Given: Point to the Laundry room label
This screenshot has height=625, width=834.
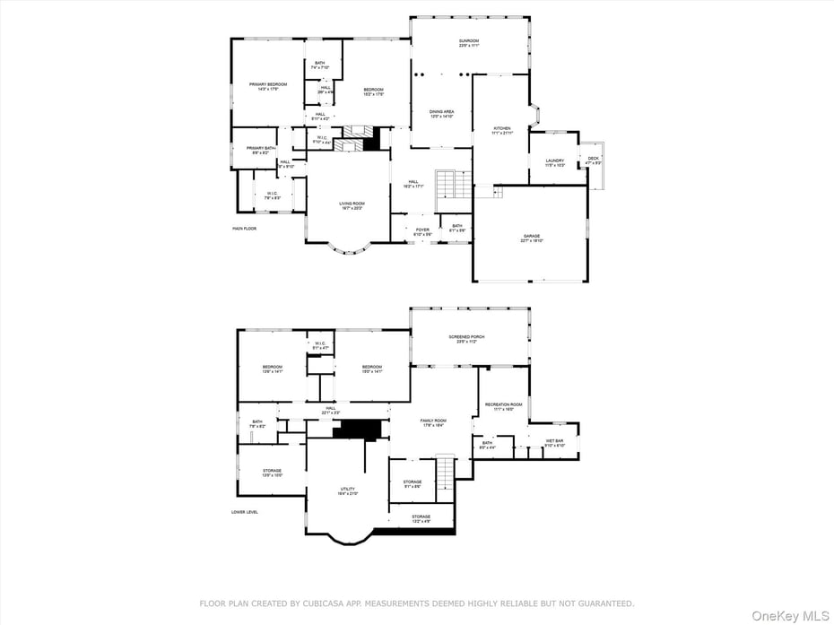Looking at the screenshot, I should [x=555, y=162].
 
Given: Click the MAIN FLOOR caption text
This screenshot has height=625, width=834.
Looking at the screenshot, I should [x=245, y=229].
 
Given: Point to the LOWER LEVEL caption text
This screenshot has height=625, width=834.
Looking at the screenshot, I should [x=245, y=512].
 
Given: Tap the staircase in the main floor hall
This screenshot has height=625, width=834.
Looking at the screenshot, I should [x=453, y=186].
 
